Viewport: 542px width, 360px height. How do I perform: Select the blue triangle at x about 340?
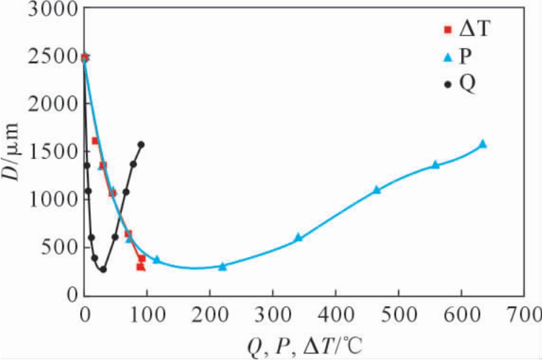[x=298, y=237]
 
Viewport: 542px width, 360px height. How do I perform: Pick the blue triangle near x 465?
[x=377, y=189]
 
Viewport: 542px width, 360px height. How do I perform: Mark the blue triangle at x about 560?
[x=436, y=164]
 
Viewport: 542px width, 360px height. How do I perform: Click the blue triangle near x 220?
[x=222, y=266]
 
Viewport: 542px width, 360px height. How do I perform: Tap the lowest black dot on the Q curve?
[x=103, y=269]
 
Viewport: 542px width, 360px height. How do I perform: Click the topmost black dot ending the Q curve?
[x=141, y=145]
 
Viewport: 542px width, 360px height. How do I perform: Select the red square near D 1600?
[x=95, y=140]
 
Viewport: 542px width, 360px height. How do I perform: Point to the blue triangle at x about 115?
[x=157, y=259]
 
